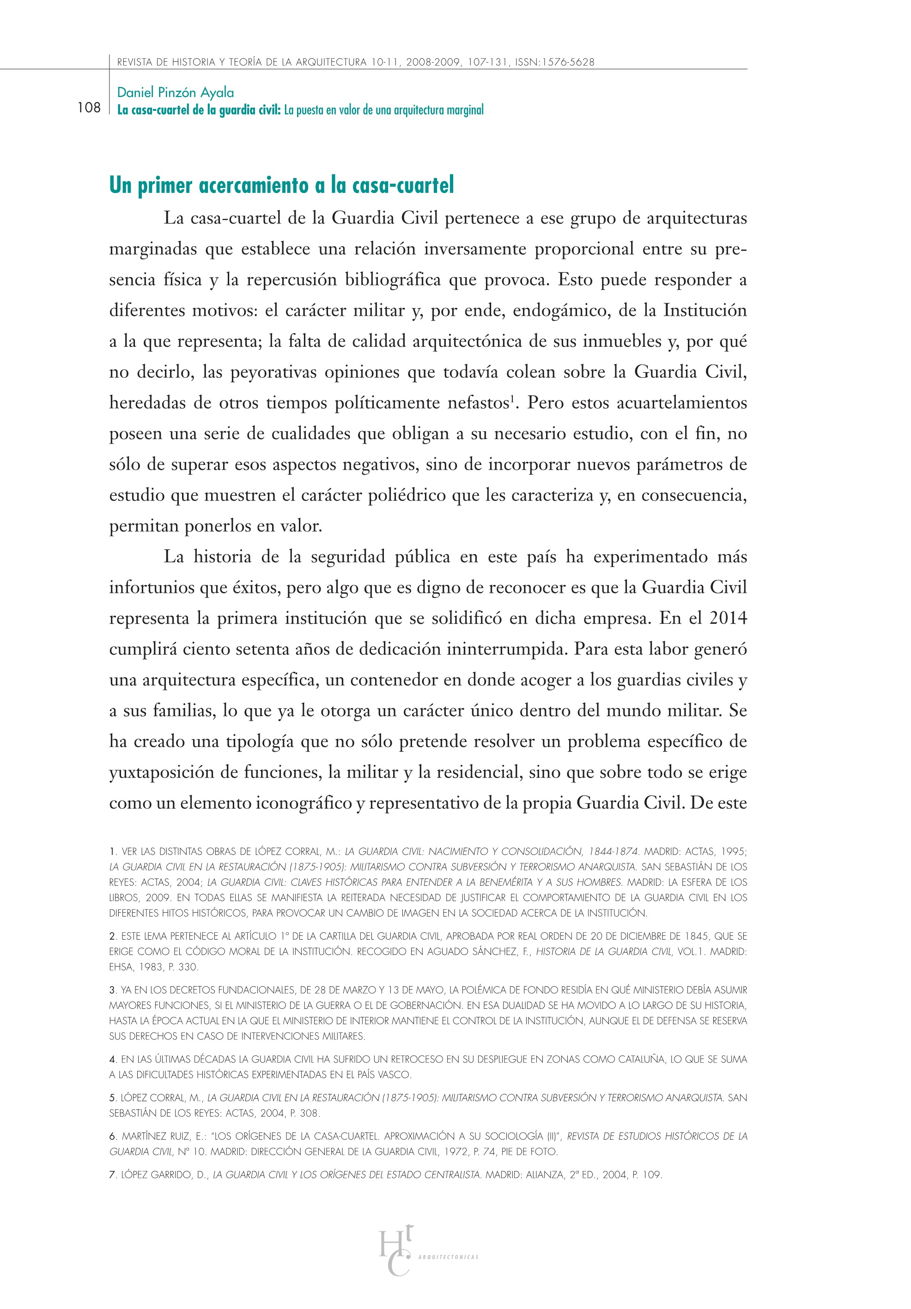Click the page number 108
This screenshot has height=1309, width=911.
point(89,108)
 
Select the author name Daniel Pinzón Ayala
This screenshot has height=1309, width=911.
point(175,92)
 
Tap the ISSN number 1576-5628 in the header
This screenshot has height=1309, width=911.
point(566,62)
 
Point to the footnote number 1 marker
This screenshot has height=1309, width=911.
point(112,852)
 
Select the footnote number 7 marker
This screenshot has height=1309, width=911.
point(112,1175)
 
